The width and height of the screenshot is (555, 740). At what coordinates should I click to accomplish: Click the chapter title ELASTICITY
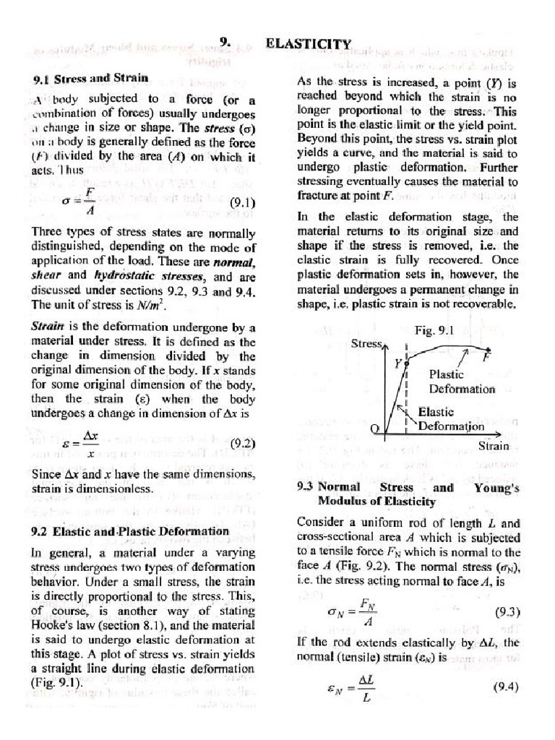click(309, 43)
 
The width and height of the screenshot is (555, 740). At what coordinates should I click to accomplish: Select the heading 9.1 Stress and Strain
click(91, 77)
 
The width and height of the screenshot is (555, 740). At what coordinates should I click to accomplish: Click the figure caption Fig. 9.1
click(434, 330)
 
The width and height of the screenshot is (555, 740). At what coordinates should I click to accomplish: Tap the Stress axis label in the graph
click(366, 344)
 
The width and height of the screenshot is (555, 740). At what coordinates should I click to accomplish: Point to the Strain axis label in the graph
click(494, 446)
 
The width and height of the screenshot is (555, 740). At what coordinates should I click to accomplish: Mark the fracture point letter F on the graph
click(486, 358)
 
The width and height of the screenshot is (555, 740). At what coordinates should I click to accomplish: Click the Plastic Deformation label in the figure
click(462, 382)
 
